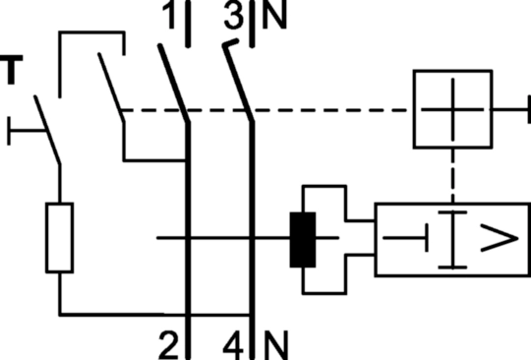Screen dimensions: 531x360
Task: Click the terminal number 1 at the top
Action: point(169,14)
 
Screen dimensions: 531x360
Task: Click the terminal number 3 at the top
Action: point(234,14)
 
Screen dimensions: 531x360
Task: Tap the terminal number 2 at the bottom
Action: point(169,345)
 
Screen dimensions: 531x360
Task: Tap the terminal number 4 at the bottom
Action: point(234,345)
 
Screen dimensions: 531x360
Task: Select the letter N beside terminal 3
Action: point(274,14)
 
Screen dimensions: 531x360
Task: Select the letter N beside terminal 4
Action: point(276,345)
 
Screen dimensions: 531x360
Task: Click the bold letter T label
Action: point(12,70)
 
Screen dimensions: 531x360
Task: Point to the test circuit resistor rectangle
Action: point(60,238)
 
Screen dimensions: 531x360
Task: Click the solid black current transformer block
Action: point(303,240)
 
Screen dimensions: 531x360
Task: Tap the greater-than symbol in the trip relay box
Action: point(500,238)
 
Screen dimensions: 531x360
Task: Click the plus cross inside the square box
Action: point(452,109)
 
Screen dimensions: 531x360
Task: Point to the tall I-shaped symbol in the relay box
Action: point(452,240)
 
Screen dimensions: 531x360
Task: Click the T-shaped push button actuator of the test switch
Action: point(27,131)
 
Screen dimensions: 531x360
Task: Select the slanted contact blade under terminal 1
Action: point(174,84)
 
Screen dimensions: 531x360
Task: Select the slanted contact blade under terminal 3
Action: point(238,81)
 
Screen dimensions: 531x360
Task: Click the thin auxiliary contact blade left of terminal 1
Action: point(111,88)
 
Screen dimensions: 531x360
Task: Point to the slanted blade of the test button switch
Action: point(47,131)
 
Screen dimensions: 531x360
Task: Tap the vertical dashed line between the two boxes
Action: point(452,175)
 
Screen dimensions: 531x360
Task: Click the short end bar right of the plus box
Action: point(529,109)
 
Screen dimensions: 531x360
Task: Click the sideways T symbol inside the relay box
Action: point(406,238)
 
